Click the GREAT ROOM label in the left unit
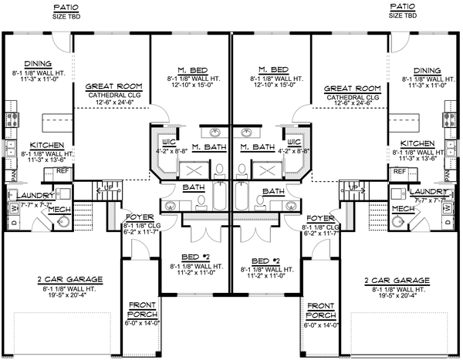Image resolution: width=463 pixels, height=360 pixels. click(111, 86)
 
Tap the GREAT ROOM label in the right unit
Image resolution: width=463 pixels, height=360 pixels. click(349, 87)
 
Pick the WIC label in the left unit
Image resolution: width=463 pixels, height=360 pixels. click(168, 143)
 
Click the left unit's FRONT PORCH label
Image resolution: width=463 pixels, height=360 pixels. click(142, 308)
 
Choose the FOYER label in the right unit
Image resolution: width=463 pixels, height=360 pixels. click(318, 218)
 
